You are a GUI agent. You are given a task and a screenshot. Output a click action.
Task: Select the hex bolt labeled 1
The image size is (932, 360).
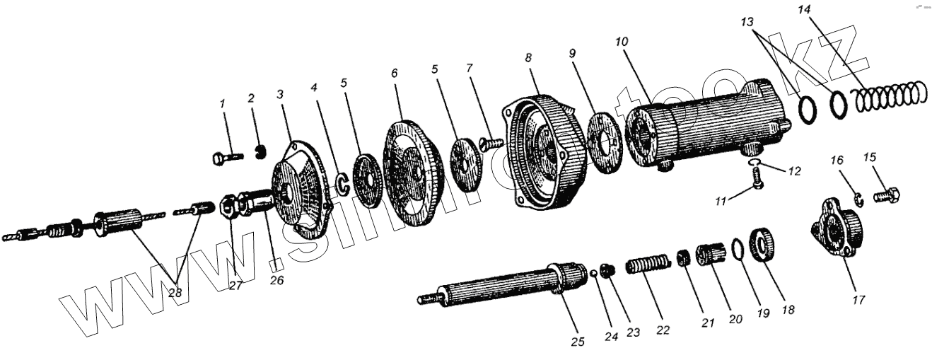coord(226,157)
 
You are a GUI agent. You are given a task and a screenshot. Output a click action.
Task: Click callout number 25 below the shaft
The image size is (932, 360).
coord(578,342)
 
